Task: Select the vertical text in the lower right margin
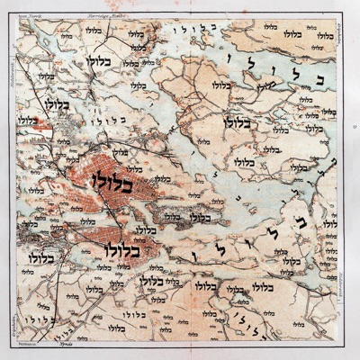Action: pyautogui.click(x=347, y=270)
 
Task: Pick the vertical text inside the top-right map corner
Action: pyautogui.click(x=340, y=40)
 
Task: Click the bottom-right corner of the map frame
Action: pyautogui.click(x=343, y=343)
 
